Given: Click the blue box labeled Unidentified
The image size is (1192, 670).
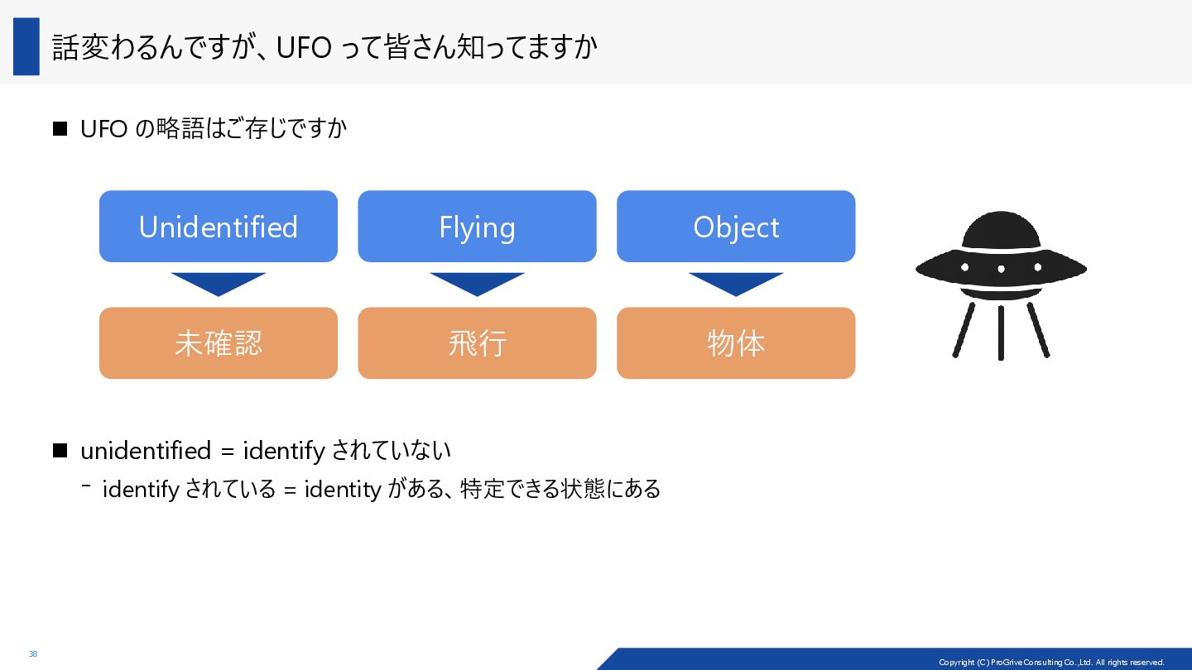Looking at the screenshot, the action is click(219, 227).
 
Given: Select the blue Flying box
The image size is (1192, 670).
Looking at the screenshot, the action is click(477, 227).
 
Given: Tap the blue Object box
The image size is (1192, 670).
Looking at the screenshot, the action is click(736, 227).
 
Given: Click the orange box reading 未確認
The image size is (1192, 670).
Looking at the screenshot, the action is click(219, 343).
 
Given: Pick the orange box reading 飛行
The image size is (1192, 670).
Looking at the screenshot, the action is click(477, 343).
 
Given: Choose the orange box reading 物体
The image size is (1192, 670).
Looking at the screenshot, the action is click(736, 343).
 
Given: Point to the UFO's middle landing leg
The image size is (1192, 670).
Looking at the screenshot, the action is click(1001, 333).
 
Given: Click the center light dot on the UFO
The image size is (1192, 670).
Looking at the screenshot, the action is click(1001, 269).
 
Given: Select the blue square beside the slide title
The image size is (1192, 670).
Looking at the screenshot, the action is click(26, 46).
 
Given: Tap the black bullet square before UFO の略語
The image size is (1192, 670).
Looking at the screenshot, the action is click(59, 129).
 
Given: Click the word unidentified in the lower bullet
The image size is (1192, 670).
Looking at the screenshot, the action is click(146, 451).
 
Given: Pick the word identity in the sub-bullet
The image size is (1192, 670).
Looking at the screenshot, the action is click(343, 489).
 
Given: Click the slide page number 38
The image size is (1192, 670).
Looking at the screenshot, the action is click(33, 654).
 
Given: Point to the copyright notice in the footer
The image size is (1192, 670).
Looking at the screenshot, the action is click(1051, 662).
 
